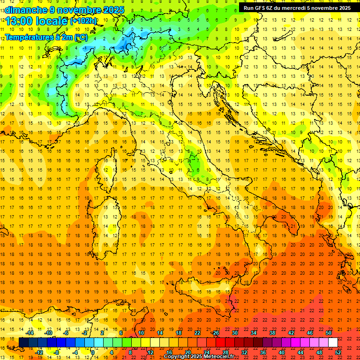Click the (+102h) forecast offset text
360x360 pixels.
(83, 21)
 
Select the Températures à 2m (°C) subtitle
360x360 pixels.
(46, 37)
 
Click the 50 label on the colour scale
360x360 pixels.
(329, 333)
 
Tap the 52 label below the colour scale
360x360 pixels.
(338, 352)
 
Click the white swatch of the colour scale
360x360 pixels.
(333, 343)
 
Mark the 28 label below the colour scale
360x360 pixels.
(225, 352)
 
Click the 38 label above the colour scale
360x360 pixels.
(272, 333)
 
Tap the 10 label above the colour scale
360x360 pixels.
(141, 333)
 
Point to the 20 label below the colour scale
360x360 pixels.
(188, 352)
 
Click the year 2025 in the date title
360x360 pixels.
(113, 10)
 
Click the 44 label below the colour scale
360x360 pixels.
(300, 352)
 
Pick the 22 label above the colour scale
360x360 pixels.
(197, 333)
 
